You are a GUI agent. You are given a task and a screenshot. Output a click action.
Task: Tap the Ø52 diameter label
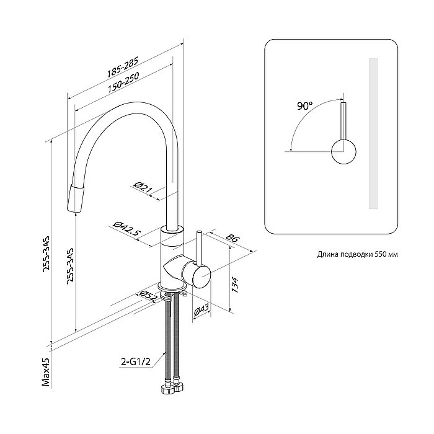coord(146,297)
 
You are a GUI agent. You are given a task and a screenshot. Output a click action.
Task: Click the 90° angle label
coord(304,106)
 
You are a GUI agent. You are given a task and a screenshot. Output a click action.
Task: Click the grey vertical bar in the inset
coord(373,134)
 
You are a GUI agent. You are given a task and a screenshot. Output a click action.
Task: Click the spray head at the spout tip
coord(75,197)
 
